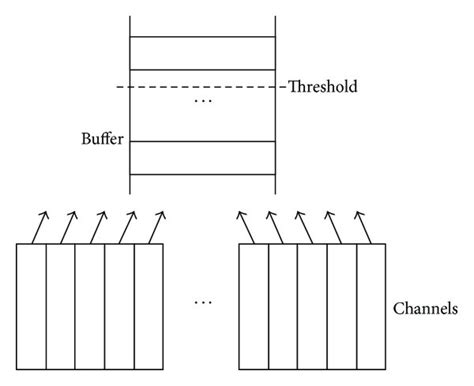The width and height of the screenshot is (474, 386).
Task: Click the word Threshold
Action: click(323, 87)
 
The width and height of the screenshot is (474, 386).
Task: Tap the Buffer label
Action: click(101, 139)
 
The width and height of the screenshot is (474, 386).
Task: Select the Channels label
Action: click(425, 310)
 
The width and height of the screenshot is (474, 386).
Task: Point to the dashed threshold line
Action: click(200, 87)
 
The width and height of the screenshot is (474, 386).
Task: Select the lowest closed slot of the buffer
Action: click(203, 158)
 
